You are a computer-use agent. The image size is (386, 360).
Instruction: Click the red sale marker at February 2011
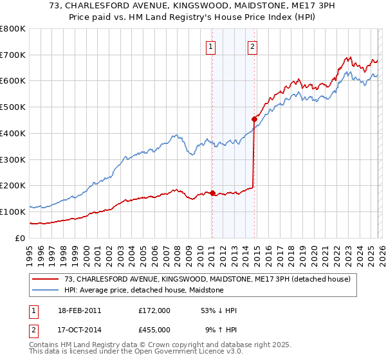click(x=212, y=193)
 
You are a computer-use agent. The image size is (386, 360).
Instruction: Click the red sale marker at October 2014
click(x=254, y=119)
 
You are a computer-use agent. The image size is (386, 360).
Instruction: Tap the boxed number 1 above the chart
click(x=211, y=46)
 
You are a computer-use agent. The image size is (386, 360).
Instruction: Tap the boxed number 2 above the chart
click(x=252, y=46)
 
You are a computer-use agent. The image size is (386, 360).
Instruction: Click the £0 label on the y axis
click(x=19, y=238)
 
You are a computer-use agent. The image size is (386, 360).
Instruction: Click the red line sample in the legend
click(x=46, y=279)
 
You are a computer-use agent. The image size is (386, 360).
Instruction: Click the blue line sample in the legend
click(x=46, y=290)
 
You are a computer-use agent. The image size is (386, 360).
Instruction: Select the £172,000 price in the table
click(x=154, y=310)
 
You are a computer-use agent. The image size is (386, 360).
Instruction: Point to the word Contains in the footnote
click(x=44, y=345)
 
